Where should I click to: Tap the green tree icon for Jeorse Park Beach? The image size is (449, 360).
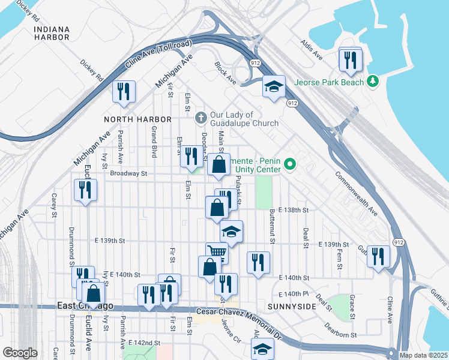pos(373,80)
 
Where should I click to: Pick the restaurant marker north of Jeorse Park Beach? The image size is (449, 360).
pos(349,59)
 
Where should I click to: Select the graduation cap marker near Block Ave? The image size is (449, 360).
pos(274,86)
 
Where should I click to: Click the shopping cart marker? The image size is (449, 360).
pos(216,252)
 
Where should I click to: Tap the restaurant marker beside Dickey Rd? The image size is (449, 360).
pos(124,91)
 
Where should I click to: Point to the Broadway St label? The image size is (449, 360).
pos(128,174)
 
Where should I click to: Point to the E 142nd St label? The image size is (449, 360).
pos(144,343)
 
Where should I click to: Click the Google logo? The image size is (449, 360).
pos(20,352)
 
